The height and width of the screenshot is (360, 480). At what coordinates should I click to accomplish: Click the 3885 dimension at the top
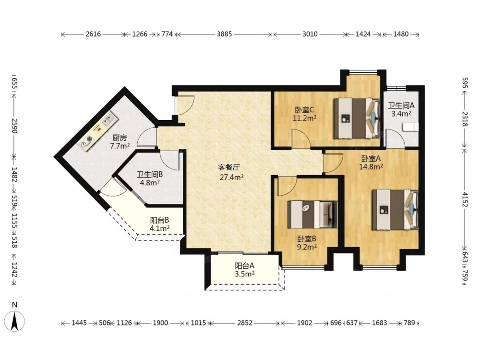pos(224,34)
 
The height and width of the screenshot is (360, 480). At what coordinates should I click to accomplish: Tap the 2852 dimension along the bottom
pos(245,323)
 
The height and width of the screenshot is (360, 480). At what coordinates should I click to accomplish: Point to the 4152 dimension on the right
pos(465,200)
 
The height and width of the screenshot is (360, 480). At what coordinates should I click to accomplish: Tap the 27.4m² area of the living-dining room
pos(232,177)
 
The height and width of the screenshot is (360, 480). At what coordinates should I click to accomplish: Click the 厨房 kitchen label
pos(120,138)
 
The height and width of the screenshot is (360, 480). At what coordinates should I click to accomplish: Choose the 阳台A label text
pos(245,266)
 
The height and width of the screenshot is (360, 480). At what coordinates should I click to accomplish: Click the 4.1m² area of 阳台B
pos(160,228)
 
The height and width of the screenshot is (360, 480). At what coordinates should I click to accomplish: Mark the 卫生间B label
pos(150,175)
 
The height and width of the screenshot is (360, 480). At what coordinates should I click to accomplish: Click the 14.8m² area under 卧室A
pos(371,167)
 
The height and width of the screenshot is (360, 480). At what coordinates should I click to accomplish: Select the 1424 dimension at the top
pos(363,34)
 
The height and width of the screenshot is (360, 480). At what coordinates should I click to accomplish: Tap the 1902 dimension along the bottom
pos(305,323)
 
